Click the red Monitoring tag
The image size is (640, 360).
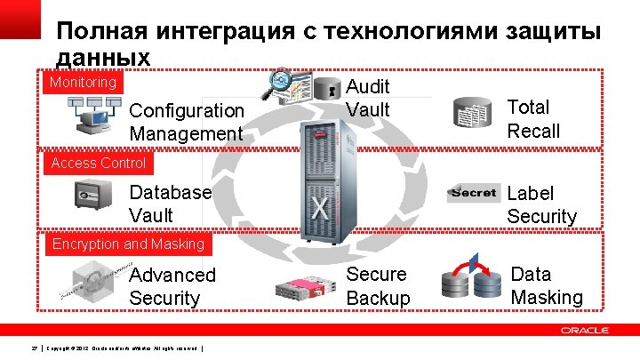click(83, 83)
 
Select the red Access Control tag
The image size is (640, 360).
click(99, 163)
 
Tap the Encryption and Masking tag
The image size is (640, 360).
click(128, 244)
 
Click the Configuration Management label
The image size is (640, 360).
click(186, 122)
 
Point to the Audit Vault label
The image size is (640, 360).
click(368, 98)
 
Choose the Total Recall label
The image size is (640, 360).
click(533, 119)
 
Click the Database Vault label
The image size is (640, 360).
click(171, 204)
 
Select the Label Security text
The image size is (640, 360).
click(541, 204)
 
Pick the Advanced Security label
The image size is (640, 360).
click(172, 286)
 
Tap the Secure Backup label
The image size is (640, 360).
click(379, 286)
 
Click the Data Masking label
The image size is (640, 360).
click(547, 285)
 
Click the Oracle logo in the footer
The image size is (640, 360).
click(584, 330)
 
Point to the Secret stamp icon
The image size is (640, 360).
click(474, 193)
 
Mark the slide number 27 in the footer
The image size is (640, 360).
click(33, 347)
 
